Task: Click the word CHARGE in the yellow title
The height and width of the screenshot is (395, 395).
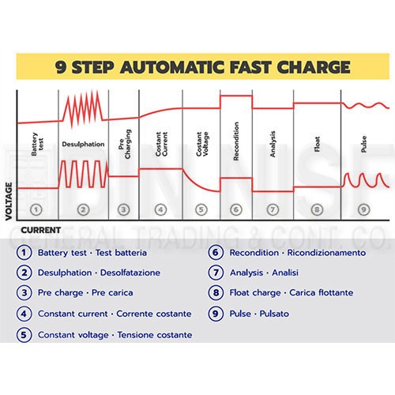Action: [x=314, y=67]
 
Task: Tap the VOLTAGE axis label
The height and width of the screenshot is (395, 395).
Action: [x=9, y=201]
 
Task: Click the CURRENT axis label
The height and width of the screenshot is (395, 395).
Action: [x=41, y=230]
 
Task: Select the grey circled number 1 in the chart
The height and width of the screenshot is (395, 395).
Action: [x=36, y=210]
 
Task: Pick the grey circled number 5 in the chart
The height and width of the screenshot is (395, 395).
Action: [x=201, y=210]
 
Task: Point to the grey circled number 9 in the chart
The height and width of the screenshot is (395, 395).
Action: [x=364, y=210]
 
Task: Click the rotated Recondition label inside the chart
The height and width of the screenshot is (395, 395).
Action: [x=236, y=141]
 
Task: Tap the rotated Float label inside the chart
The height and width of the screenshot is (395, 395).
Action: [x=317, y=144]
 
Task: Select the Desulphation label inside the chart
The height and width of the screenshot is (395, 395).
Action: [x=83, y=145]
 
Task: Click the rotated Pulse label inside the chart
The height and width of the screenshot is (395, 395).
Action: [x=364, y=144]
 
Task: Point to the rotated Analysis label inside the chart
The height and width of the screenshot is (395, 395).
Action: [x=273, y=144]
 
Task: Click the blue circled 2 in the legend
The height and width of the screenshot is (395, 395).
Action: [x=24, y=273]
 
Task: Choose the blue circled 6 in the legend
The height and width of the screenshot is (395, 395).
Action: [x=216, y=253]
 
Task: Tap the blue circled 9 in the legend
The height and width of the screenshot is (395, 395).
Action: [x=216, y=314]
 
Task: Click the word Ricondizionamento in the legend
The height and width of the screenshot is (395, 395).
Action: [x=326, y=253]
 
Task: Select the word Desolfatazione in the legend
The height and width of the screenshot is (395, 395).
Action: [x=130, y=273]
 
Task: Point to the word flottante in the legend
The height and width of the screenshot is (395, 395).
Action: [x=336, y=292]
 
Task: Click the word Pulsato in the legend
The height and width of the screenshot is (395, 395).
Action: [x=274, y=314]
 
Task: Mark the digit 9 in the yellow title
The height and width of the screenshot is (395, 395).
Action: [x=61, y=67]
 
